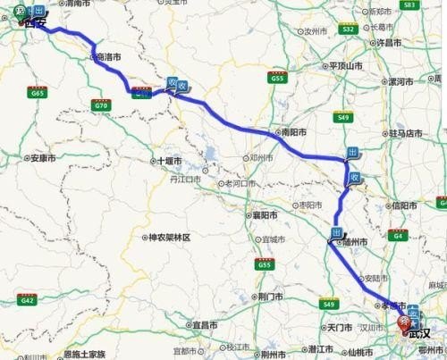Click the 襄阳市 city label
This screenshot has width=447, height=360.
pyautogui.click(x=262, y=215)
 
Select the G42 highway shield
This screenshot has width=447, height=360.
pyautogui.click(x=28, y=301)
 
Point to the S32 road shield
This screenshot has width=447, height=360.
pyautogui.click(x=350, y=29)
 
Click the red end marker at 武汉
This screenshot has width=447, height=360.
pyautogui.click(x=404, y=322)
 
